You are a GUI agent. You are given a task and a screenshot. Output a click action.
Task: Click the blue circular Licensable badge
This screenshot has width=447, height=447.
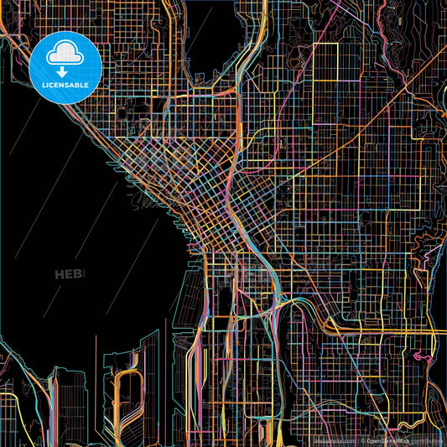(65, 68)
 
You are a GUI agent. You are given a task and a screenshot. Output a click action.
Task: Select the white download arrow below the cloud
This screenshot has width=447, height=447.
(65, 72)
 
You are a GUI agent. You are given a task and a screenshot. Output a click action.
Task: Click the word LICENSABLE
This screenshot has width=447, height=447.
(65, 86)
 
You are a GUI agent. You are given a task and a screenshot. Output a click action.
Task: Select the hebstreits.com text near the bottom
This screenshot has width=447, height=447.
(330, 440)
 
